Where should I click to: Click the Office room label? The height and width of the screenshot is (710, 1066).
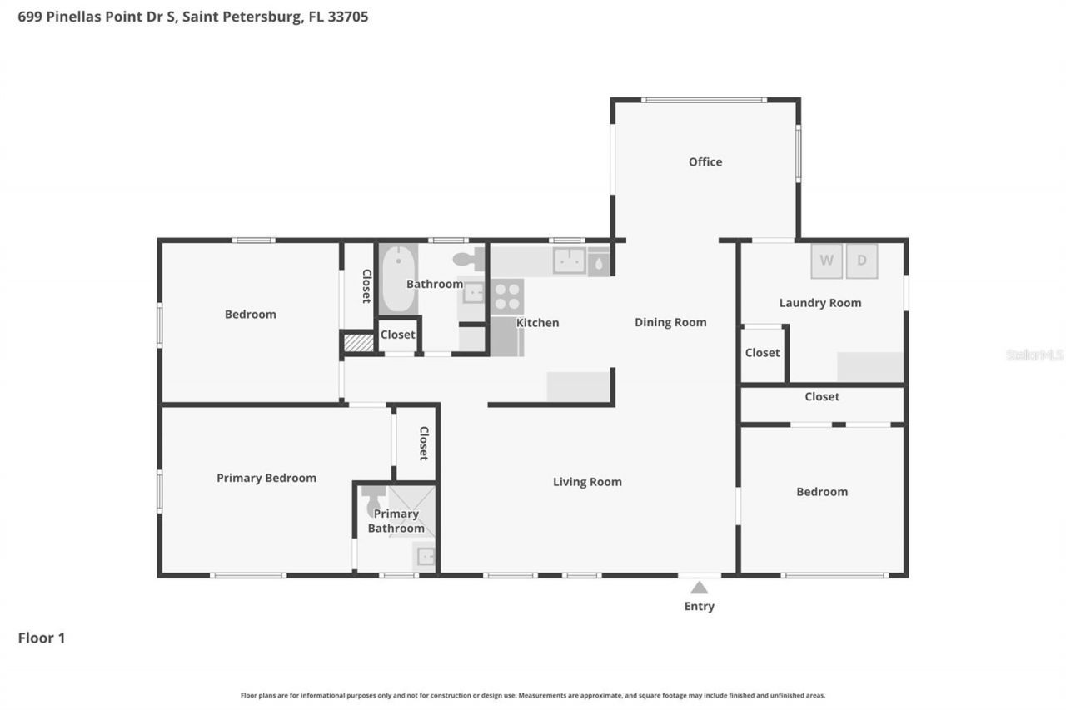click(x=705, y=161)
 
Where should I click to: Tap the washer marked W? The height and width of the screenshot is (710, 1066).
click(x=826, y=261)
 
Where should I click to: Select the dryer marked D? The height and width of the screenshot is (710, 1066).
click(x=862, y=261)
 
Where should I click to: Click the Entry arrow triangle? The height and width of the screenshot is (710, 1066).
click(x=700, y=588)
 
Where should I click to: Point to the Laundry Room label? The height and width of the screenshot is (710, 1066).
click(x=819, y=303)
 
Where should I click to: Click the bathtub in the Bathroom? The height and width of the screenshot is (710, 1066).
click(x=398, y=279)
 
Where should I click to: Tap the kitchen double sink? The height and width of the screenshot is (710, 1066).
click(x=570, y=261)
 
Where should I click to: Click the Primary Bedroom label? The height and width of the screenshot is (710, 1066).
click(x=266, y=478)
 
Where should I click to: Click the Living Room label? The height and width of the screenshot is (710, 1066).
click(x=587, y=482)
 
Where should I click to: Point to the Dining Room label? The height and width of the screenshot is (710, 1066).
click(x=670, y=322)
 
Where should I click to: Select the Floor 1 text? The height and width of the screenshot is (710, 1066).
click(x=42, y=638)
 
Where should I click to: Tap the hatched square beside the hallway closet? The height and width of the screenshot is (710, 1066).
click(x=359, y=342)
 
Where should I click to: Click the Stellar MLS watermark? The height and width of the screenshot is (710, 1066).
click(x=1034, y=355)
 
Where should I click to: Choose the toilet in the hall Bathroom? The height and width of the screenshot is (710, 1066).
click(x=471, y=260)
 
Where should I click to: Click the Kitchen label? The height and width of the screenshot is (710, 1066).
click(x=537, y=323)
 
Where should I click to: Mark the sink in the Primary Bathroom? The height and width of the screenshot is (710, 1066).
click(x=425, y=556)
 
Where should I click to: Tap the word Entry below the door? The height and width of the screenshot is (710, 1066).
click(x=700, y=607)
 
